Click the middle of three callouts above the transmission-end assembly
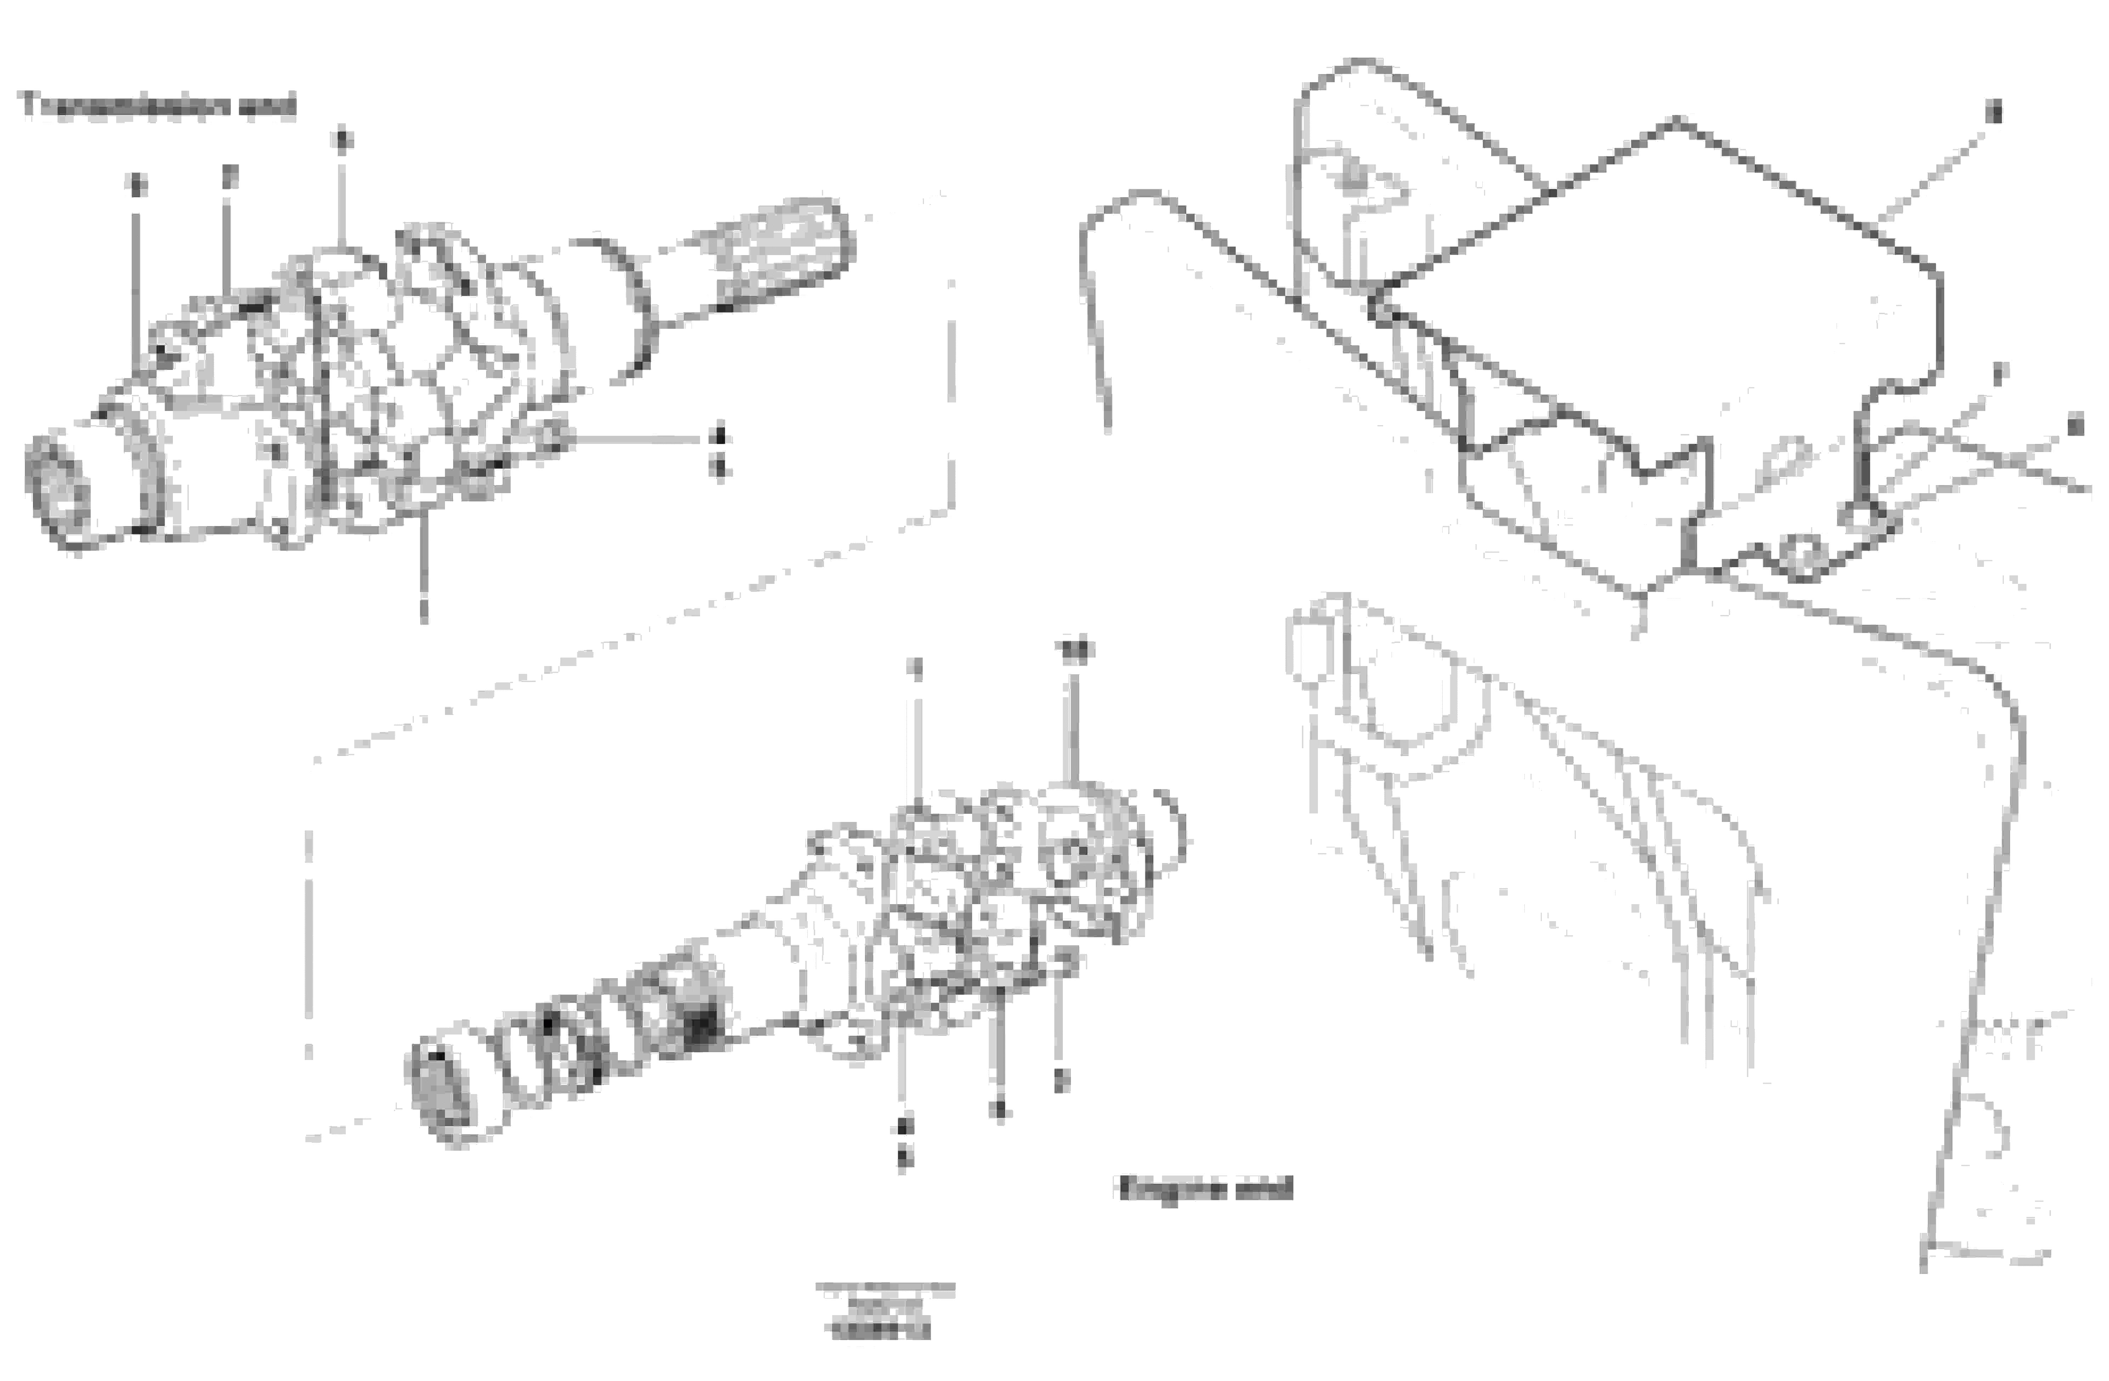[230, 177]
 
